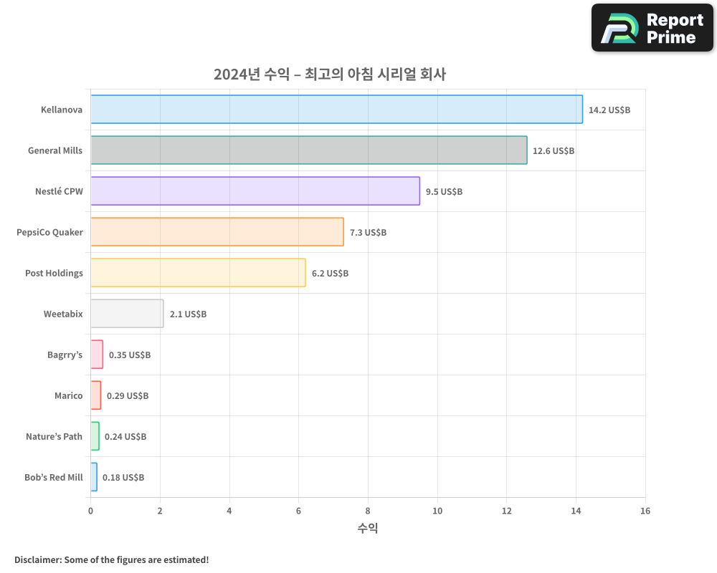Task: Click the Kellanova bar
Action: point(336,110)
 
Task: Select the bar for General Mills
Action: point(308,150)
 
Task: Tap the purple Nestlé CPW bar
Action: point(255,191)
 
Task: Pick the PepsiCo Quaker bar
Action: point(217,232)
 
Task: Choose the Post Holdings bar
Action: point(198,273)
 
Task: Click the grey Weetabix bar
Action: point(127,314)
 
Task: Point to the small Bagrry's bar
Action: point(97,355)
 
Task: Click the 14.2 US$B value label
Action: point(609,110)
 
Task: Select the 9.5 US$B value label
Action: point(444,192)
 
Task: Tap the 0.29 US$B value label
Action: point(128,396)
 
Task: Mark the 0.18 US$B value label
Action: point(123,478)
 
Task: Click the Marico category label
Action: point(69,396)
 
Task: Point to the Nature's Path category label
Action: point(54,437)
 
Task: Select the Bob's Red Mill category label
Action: point(54,478)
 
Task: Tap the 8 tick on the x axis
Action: point(368,511)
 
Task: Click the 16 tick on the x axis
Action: point(645,511)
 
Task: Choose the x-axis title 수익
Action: point(368,529)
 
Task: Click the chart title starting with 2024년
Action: point(330,74)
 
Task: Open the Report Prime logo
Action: point(652,28)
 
